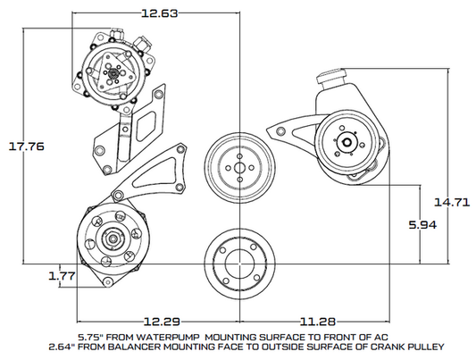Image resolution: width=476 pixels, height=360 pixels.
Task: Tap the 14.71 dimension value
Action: (453, 202)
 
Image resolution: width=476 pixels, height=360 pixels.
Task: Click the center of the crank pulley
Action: (237, 263)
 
